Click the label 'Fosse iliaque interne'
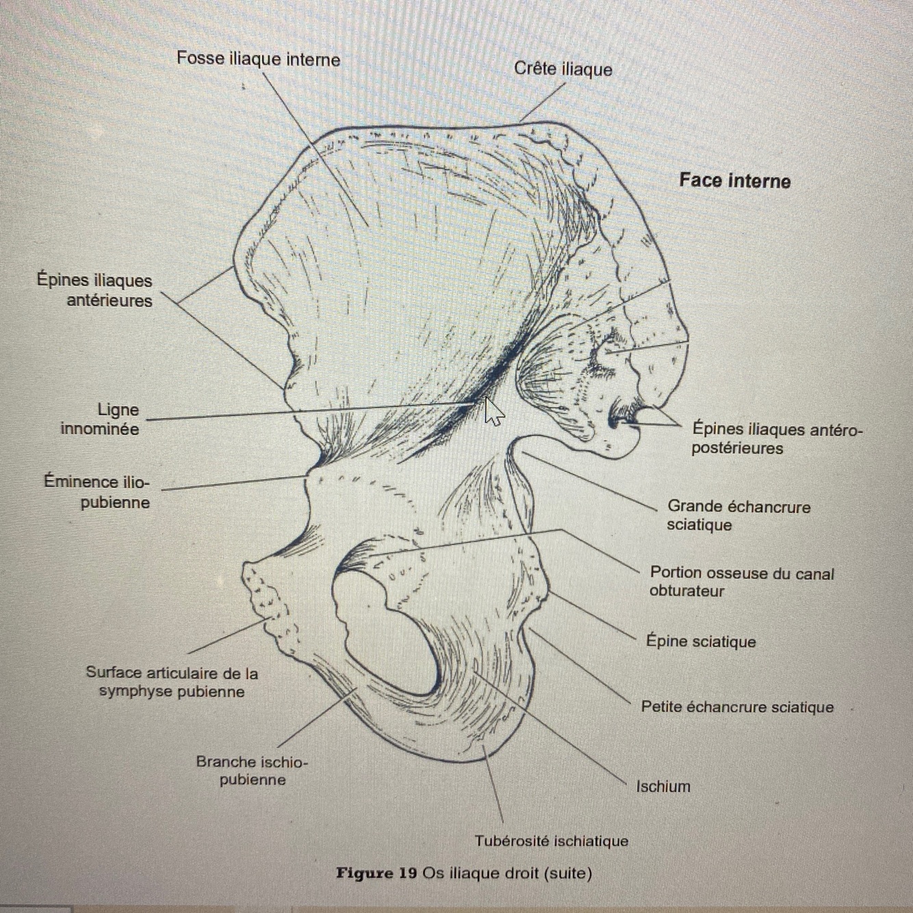[x=258, y=59]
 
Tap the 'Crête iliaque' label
[x=563, y=69]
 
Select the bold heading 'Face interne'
[x=734, y=181]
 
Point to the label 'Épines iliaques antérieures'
[x=95, y=290]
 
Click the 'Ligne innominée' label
[x=101, y=419]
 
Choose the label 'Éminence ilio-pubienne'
[x=97, y=492]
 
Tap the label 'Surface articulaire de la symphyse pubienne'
[x=172, y=682]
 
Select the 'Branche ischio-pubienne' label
[x=252, y=771]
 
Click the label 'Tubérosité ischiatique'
[x=551, y=840]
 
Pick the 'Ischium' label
[x=663, y=786]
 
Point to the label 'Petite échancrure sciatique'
[x=736, y=707]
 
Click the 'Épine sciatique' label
[x=701, y=641]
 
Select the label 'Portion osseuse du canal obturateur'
[x=741, y=582]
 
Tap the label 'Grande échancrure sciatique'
[x=738, y=515]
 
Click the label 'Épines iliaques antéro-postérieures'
[x=777, y=439]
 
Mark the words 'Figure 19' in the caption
[x=376, y=873]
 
